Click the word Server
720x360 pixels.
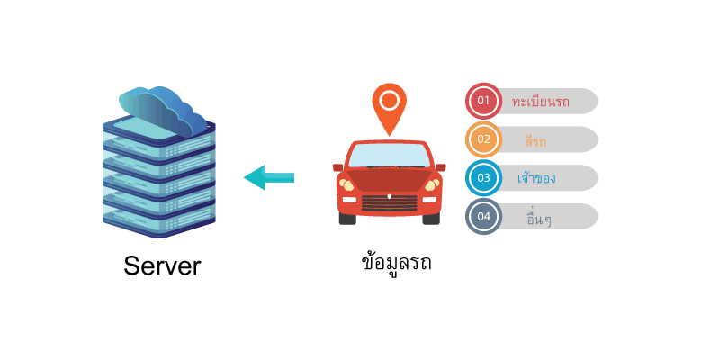[x=162, y=265]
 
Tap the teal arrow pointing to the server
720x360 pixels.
[x=268, y=177]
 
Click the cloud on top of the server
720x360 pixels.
[x=163, y=110]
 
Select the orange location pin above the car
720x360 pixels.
[x=390, y=109]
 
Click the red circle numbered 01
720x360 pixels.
[x=483, y=101]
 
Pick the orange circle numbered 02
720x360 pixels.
[x=483, y=139]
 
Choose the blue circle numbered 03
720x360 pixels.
[x=483, y=177]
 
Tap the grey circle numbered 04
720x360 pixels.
[x=483, y=216]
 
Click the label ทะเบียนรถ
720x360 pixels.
[x=541, y=101]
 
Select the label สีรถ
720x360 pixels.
[x=535, y=139]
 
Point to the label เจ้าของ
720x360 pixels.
[x=536, y=177]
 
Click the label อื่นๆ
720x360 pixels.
[x=539, y=218]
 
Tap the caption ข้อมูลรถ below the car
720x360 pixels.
[x=396, y=263]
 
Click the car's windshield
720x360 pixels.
[x=390, y=155]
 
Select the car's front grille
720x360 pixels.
[x=390, y=202]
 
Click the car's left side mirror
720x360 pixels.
[x=338, y=167]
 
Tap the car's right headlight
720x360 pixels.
[x=432, y=184]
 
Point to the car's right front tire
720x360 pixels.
[x=431, y=219]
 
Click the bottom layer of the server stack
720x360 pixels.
[x=159, y=221]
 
